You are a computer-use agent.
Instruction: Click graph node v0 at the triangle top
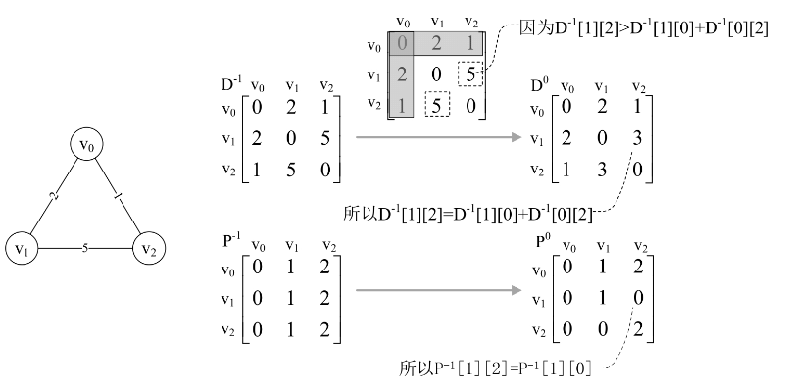[86, 146]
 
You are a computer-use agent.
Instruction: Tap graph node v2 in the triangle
[148, 247]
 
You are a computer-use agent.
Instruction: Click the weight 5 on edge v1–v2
[85, 247]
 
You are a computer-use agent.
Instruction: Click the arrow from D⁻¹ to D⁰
[437, 137]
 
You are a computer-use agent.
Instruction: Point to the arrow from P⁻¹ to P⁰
[437, 291]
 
